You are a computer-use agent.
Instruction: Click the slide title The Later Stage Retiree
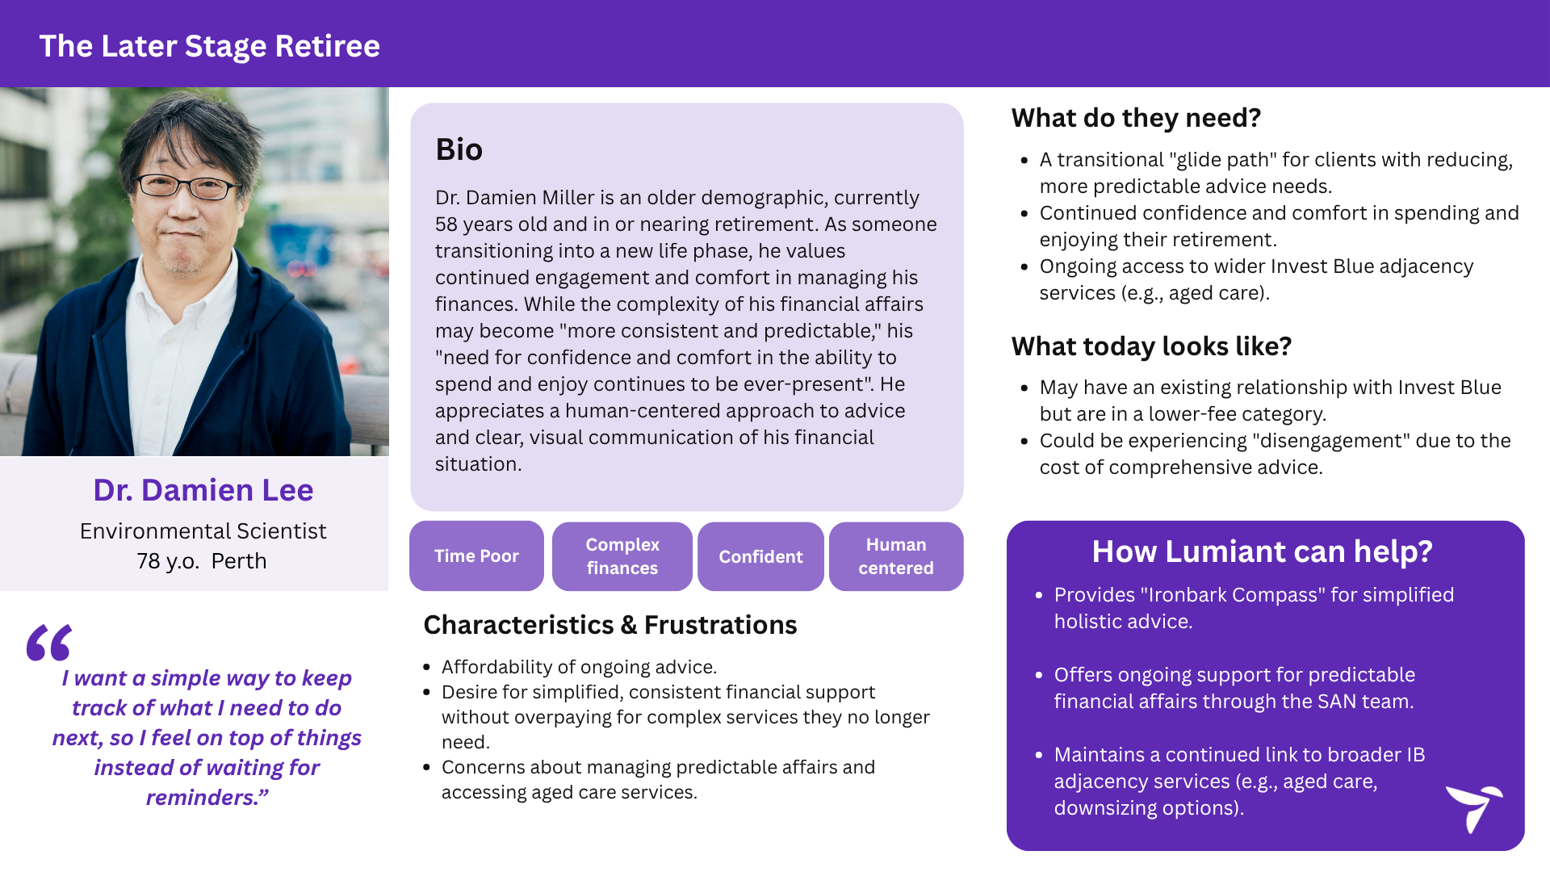tap(210, 46)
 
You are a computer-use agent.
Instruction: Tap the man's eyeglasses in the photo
tap(187, 187)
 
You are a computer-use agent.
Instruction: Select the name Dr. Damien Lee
tap(203, 490)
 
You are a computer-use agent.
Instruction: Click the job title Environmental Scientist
tap(203, 531)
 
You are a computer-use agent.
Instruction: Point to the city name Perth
tap(239, 561)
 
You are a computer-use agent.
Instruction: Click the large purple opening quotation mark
tap(49, 643)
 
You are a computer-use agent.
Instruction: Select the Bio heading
tap(459, 149)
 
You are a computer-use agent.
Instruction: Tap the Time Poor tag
tap(476, 556)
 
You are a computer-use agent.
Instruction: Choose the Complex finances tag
tap(622, 556)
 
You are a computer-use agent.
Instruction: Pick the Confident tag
tap(760, 556)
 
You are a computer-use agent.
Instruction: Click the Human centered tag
tap(896, 556)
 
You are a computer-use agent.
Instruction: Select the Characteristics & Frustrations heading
tap(610, 625)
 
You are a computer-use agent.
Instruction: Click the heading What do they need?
tap(1136, 118)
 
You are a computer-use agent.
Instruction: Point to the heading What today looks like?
tap(1151, 346)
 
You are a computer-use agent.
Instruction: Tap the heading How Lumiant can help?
tap(1262, 551)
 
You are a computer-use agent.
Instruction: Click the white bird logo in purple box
tap(1474, 807)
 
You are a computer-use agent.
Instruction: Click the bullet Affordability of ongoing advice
tap(579, 667)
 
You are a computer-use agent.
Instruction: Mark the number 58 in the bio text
tap(446, 224)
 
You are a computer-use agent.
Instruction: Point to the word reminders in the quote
tap(200, 798)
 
